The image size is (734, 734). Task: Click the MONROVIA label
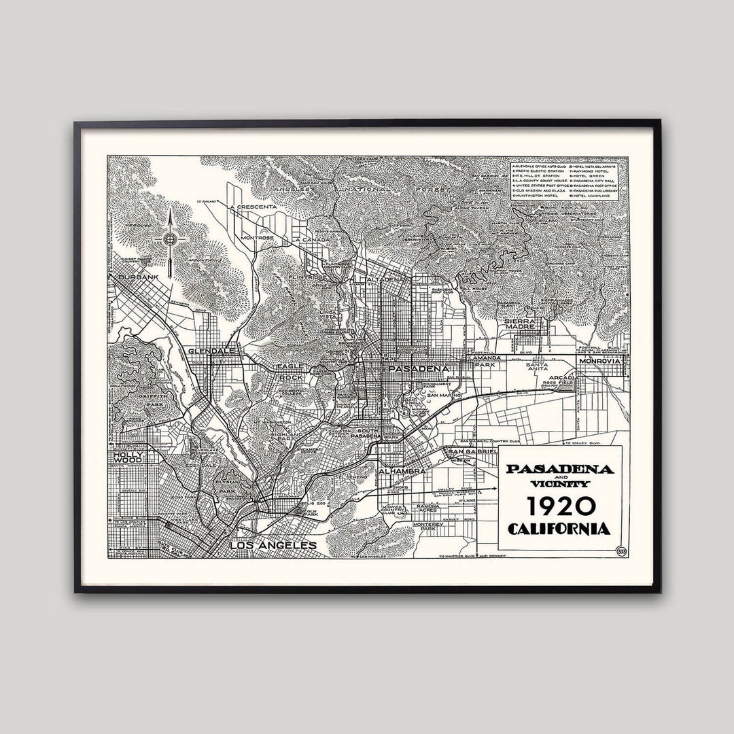tap(600, 361)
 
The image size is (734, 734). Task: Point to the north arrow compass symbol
tap(170, 239)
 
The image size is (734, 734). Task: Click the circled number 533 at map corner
tap(621, 551)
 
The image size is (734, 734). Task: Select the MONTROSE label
tap(257, 238)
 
